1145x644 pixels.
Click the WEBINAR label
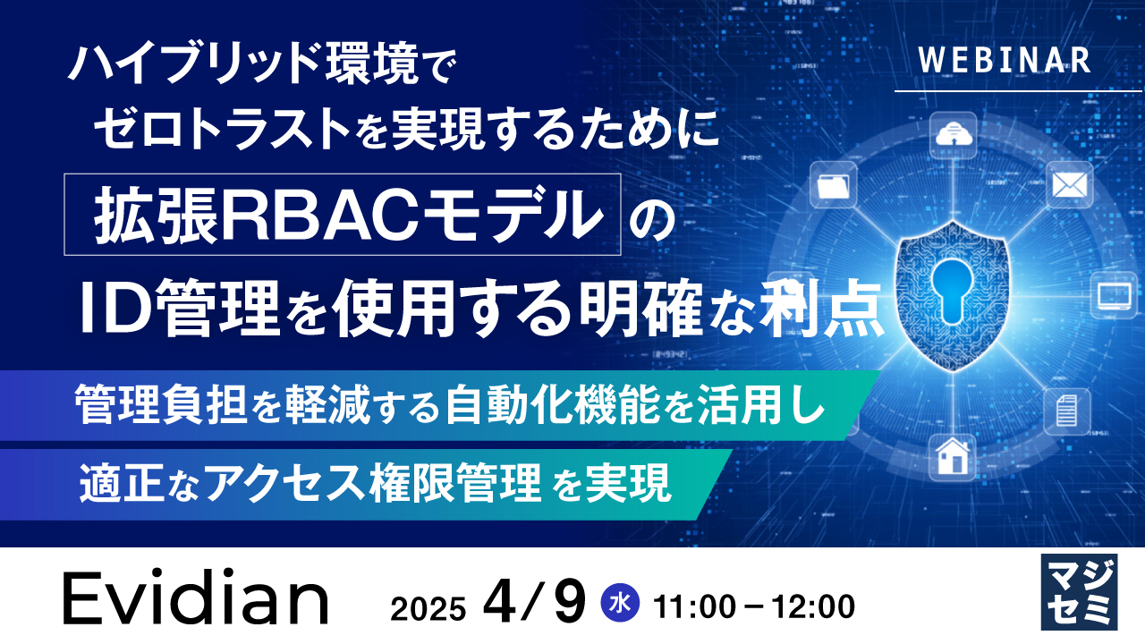1004,60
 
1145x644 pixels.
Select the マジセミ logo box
1079,591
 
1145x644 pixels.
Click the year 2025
428,608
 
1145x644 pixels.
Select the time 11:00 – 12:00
753,606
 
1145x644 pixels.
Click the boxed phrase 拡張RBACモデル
343,216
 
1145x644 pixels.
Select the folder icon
833,187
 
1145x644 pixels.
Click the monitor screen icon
1115,294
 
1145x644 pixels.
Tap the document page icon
1065,411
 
